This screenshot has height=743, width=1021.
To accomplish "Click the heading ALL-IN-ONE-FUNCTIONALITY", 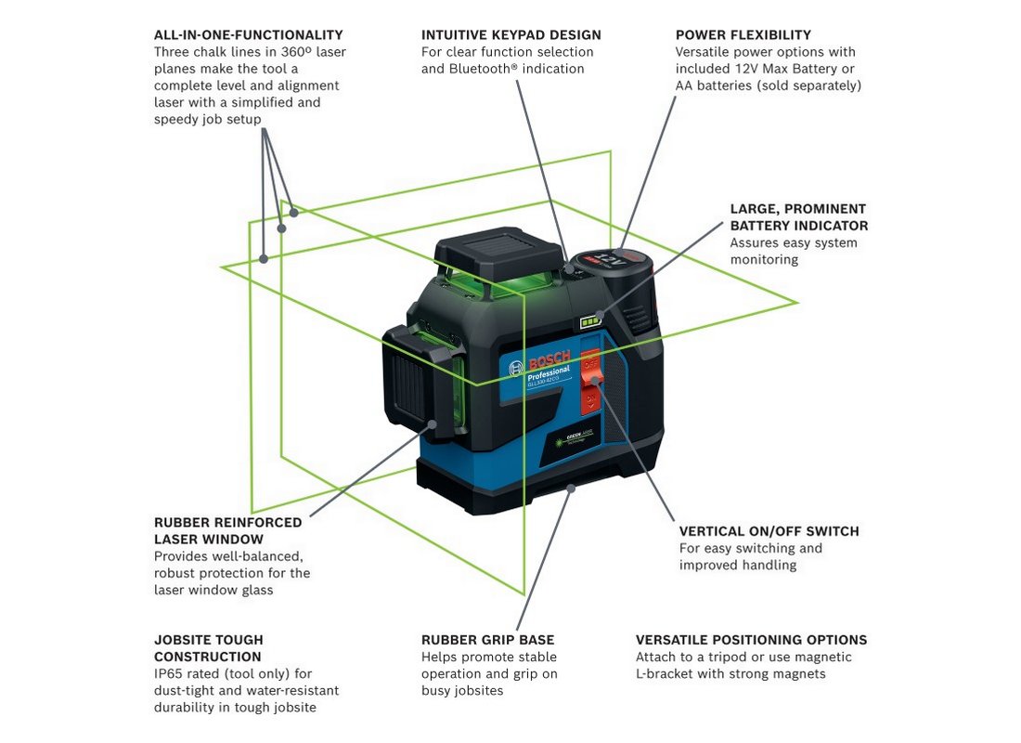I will (248, 35).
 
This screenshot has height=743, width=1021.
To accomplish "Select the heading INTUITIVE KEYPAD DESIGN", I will (510, 35).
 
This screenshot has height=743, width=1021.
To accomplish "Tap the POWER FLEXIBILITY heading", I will (743, 35).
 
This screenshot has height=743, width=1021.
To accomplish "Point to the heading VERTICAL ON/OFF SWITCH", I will (769, 531).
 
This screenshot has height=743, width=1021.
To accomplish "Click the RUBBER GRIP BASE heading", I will (487, 640).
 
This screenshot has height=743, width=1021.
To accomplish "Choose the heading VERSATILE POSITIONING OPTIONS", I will (751, 640).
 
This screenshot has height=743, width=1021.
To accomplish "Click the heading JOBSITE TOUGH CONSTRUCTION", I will (209, 648).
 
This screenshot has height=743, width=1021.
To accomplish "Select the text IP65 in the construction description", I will (170, 674).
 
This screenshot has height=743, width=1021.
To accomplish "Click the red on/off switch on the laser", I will (591, 382).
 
